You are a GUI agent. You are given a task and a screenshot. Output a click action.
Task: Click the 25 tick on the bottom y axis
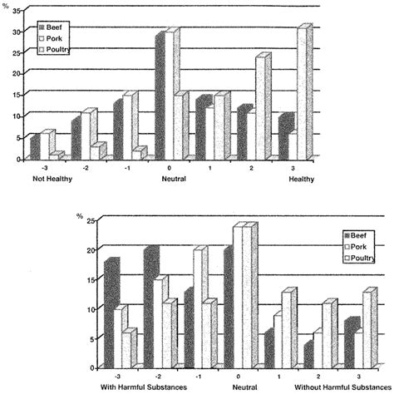(x=89, y=219)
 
